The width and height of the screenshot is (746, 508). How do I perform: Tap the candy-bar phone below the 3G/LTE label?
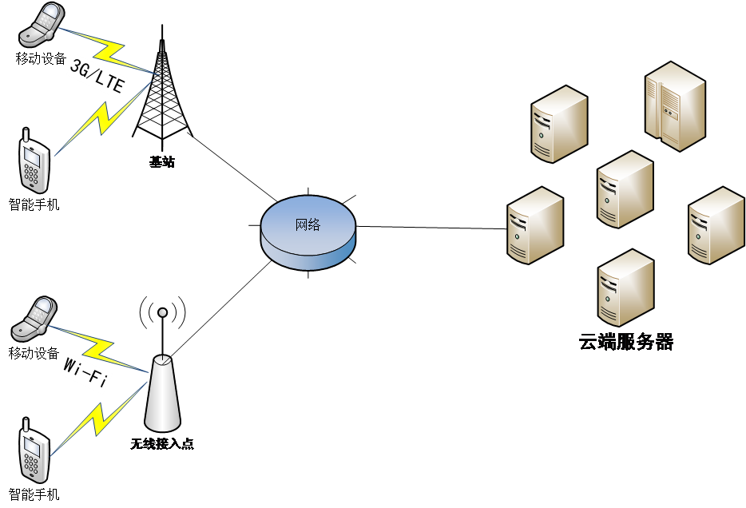(x=34, y=165)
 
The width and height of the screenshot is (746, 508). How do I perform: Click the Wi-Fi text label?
(x=85, y=374)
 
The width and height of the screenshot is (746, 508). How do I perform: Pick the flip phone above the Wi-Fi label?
(x=34, y=319)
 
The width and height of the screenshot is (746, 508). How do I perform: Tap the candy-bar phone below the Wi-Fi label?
(x=33, y=454)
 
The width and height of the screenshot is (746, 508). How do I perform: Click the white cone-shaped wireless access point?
(x=162, y=393)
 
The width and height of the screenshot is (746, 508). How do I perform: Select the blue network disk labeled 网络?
(x=308, y=232)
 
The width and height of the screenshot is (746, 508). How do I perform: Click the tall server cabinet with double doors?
(x=675, y=106)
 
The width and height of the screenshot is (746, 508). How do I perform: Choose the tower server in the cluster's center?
(x=625, y=189)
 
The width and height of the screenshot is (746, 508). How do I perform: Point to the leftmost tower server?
(x=535, y=225)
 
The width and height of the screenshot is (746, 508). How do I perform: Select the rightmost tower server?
(x=716, y=225)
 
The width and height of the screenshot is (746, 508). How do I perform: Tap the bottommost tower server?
(x=625, y=288)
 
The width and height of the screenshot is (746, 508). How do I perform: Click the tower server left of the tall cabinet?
(x=559, y=124)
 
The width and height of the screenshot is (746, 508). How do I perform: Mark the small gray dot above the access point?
(x=163, y=312)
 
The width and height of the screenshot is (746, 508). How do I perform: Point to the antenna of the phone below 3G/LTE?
(x=27, y=135)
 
